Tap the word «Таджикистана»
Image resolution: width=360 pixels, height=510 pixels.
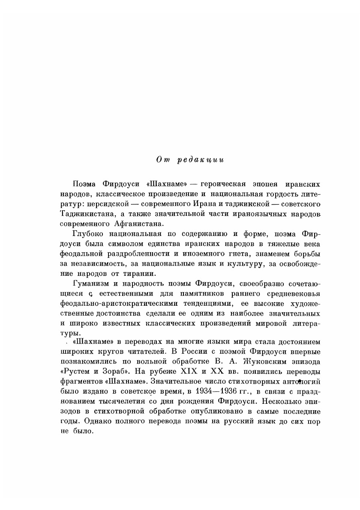click(87, 214)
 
